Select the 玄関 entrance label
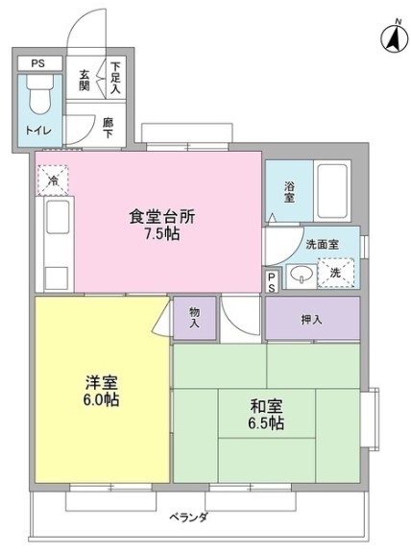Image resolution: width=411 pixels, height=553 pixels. click(85, 80)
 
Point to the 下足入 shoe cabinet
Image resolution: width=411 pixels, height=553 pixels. click(115, 77)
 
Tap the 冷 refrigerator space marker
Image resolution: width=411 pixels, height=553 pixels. click(52, 179)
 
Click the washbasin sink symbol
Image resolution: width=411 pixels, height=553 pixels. click(303, 277)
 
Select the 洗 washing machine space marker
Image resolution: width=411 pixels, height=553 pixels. click(336, 274)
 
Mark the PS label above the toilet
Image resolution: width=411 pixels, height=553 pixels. click(37, 64)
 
